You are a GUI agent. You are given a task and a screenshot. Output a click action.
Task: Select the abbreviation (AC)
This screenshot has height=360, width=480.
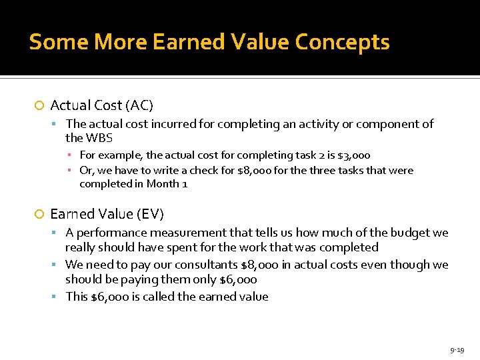(x=139, y=105)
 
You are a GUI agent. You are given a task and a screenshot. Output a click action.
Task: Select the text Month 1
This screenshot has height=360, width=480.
(x=166, y=183)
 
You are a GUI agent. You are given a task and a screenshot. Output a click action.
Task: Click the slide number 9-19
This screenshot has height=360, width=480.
(x=457, y=350)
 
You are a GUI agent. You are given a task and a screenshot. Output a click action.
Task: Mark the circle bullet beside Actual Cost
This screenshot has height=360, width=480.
(x=39, y=105)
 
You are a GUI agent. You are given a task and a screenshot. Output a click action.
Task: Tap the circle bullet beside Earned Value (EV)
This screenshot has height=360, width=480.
(x=39, y=214)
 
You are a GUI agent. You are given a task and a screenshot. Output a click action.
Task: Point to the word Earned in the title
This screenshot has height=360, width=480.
(x=181, y=42)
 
